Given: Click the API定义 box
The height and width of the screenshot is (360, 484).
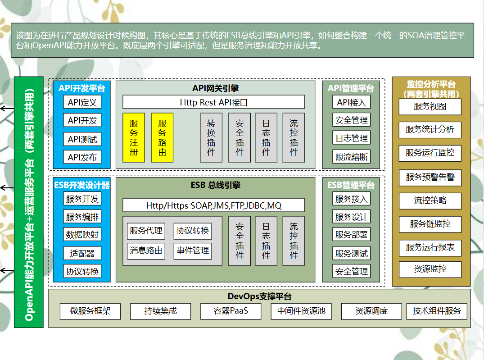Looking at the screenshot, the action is pos(82,102).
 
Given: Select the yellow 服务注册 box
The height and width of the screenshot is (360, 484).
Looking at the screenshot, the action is pos(134,137).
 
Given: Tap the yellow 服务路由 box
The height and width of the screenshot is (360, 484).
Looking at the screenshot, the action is pos(162,137).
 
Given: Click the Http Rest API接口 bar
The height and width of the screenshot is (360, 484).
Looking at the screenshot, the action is pos(213,102).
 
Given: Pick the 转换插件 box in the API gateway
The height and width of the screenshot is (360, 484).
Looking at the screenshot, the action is pos(211,137).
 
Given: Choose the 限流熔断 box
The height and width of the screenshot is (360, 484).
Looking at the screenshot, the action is pos(351,157).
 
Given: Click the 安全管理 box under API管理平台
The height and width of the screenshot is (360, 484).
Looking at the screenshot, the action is pos(351,120).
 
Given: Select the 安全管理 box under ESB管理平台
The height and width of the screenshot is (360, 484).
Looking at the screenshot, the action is pos(351,271).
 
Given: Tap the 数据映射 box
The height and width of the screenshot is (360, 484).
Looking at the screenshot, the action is pos(82,235).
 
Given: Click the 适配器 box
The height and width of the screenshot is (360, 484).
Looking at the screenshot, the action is pos(82,253).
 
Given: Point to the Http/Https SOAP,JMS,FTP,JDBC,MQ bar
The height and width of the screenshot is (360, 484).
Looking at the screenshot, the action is pos(213,205).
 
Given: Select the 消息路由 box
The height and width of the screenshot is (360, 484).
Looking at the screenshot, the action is pos(146,251).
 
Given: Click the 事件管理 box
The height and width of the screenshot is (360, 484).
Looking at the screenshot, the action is pos(193,251).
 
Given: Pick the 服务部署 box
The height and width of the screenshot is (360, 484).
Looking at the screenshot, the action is pos(351,235).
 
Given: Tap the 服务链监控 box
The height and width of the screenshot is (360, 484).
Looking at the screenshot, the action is pos(430,224).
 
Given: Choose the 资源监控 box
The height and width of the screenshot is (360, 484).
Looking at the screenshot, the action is pos(430,269).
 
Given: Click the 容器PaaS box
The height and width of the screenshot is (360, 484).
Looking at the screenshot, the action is pos(231,311).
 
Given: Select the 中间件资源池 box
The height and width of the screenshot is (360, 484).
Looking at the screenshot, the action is pos(301,311).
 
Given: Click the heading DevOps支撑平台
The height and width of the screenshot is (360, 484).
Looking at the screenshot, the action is pos(259,296).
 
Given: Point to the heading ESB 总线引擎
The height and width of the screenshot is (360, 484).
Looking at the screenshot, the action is pos(216,185).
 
